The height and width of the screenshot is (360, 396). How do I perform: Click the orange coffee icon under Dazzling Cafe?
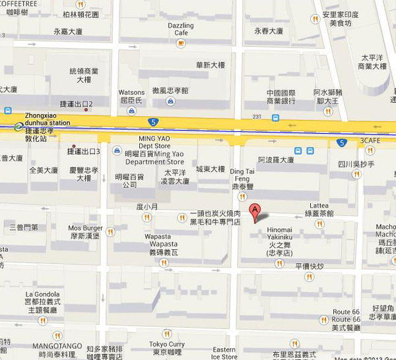[x=181, y=43]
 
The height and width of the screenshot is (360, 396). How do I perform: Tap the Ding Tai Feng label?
[x=241, y=175]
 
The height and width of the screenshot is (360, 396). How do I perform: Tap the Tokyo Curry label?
[x=166, y=344]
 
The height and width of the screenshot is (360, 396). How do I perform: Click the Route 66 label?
[x=346, y=311]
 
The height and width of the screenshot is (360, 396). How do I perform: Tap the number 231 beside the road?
[x=257, y=117]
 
